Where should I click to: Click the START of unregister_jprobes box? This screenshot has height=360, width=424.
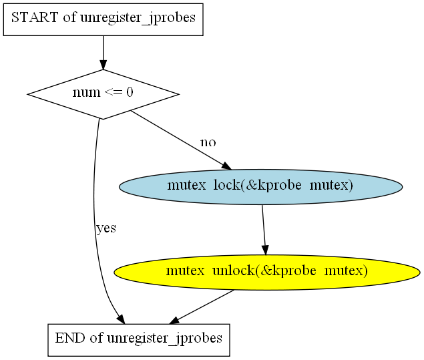tap(103, 18)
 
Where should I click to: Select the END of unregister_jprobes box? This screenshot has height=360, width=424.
tap(138, 339)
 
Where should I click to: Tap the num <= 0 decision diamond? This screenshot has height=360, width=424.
tap(103, 94)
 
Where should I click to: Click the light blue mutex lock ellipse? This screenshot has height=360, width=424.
tap(260, 186)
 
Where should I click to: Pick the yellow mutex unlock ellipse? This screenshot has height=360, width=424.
tap(266, 271)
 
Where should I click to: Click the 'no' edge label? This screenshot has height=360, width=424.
tap(208, 143)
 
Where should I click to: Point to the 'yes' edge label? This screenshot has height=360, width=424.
tap(105, 228)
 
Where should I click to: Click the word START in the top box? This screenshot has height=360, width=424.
tap(35, 18)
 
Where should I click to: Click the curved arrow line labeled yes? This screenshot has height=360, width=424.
tap(96, 220)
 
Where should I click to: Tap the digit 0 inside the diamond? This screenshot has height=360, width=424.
tap(130, 93)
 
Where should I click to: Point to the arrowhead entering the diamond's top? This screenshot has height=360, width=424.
tap(103, 64)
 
